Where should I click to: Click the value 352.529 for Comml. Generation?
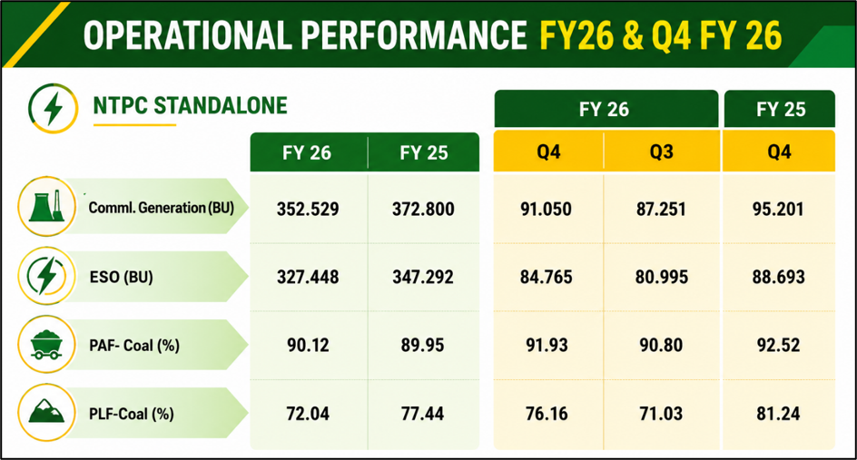(x=308, y=210)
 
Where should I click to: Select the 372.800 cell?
(x=423, y=210)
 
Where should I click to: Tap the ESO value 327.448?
(x=308, y=277)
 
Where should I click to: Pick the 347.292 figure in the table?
(x=423, y=277)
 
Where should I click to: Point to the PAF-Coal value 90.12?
(x=309, y=346)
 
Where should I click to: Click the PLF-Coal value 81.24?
(x=778, y=414)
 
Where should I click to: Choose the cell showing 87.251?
(x=661, y=210)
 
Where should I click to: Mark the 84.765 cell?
(x=546, y=277)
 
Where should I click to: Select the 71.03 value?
(x=661, y=414)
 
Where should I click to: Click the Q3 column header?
(x=661, y=152)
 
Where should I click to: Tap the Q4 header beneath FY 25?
(x=779, y=152)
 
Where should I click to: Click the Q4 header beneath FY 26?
(x=548, y=152)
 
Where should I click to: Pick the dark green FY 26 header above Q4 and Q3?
(x=606, y=109)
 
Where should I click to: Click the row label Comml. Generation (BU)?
(x=162, y=208)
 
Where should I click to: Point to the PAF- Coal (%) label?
(x=134, y=346)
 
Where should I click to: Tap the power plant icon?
(x=47, y=207)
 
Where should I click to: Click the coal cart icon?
(x=46, y=345)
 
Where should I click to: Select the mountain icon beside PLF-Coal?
(x=46, y=413)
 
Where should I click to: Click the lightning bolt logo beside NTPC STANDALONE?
(x=53, y=108)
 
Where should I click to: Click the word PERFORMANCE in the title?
(x=414, y=35)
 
